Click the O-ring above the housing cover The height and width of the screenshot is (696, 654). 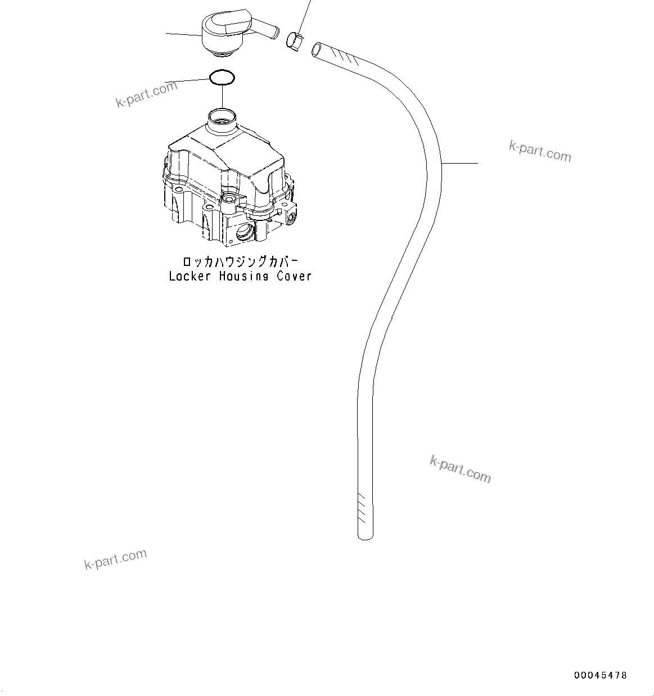pyautogui.click(x=222, y=77)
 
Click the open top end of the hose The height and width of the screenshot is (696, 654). pyautogui.click(x=318, y=49)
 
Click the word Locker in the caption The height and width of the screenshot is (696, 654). pyautogui.click(x=190, y=276)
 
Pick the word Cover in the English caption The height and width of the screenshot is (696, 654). pyautogui.click(x=294, y=276)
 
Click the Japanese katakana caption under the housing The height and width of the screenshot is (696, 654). pyautogui.click(x=240, y=263)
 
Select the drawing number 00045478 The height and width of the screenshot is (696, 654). pyautogui.click(x=600, y=675)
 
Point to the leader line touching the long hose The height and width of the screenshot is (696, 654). pyautogui.click(x=460, y=163)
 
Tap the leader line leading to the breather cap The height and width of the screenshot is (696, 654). pyautogui.click(x=183, y=35)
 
